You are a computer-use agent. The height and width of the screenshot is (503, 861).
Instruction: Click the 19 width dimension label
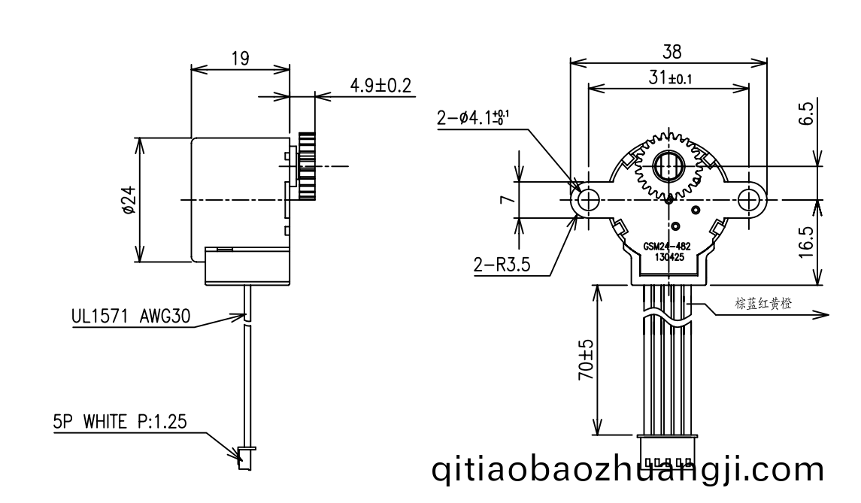pos(241,58)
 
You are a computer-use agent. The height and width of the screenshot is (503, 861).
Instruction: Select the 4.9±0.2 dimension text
pos(380,85)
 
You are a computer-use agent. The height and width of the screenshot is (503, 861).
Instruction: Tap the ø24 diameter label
pos(129,200)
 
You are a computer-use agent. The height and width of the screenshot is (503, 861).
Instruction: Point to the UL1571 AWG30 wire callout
pos(131,317)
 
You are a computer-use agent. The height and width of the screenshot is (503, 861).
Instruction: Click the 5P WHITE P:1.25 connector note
pos(120,422)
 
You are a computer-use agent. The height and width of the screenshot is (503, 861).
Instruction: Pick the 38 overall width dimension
pos(672,52)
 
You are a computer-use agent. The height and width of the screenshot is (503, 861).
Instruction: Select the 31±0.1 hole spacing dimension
pos(670,78)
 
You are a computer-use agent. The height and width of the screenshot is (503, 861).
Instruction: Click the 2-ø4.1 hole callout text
pos(473,117)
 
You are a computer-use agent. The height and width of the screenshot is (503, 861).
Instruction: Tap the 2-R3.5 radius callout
pos(502,265)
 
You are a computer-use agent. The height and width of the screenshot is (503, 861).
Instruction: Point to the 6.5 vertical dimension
pos(806,114)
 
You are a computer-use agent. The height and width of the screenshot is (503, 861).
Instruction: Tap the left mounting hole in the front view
pos(588,199)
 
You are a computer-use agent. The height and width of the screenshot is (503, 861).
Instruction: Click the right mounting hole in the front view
pos(748,199)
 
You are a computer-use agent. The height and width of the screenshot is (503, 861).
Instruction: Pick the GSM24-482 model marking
pos(667,247)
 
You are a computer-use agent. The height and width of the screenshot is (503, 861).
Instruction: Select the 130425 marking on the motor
pos(668,257)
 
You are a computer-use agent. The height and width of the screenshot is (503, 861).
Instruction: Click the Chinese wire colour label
pos(763,303)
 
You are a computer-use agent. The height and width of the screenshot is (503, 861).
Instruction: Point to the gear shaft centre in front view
pos(668,165)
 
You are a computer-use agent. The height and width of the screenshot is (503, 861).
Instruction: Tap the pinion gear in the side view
pos(307,166)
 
